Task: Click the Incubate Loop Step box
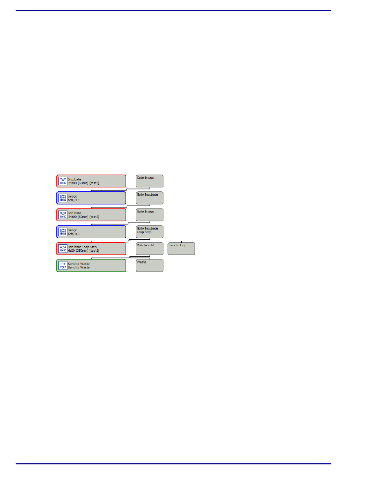tap(91, 249)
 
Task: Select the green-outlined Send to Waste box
tap(91, 265)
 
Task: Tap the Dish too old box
tap(150, 249)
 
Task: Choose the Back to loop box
tap(181, 249)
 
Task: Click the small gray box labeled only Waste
tap(150, 265)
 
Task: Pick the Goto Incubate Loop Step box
tap(150, 231)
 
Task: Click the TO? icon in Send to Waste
tap(63, 265)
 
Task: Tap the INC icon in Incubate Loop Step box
tap(63, 249)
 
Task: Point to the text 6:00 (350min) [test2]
tap(84, 251)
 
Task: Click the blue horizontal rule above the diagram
tap(173, 11)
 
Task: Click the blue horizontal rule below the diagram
tap(173, 464)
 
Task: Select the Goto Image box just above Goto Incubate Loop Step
tap(150, 215)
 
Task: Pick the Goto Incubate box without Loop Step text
tap(150, 198)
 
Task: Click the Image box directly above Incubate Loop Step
tap(91, 231)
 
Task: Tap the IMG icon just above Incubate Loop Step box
tap(63, 231)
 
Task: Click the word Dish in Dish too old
tap(140, 245)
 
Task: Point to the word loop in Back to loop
tap(183, 245)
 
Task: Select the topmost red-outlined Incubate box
tap(91, 181)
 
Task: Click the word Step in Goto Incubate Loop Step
tap(148, 232)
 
